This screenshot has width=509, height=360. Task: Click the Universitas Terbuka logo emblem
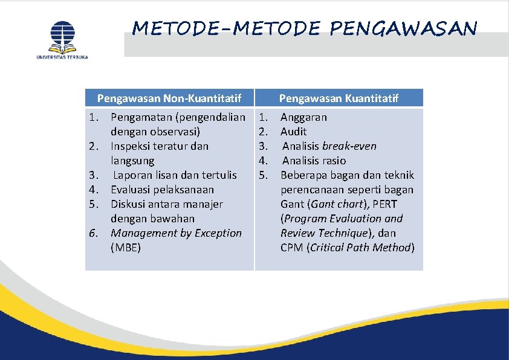[x=62, y=36]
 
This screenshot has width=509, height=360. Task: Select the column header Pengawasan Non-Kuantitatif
[x=169, y=98]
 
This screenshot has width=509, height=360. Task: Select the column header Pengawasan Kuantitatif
[x=339, y=98]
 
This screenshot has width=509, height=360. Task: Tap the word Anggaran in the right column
[x=303, y=117]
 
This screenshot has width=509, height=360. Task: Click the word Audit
[x=293, y=132]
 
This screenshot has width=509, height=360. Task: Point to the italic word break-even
[x=349, y=146]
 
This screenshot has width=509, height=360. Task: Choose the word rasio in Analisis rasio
[x=334, y=161]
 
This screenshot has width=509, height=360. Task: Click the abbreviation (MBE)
[x=126, y=248]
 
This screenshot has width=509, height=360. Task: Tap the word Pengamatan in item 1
[x=140, y=117]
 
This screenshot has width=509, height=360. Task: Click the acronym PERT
[x=385, y=204]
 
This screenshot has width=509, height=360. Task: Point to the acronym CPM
[x=291, y=248]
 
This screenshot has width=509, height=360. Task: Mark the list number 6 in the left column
[x=94, y=233]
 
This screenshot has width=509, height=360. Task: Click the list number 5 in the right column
[x=263, y=175]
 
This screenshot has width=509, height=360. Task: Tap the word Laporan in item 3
[x=134, y=175]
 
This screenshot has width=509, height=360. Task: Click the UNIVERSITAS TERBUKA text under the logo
[x=62, y=57]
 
